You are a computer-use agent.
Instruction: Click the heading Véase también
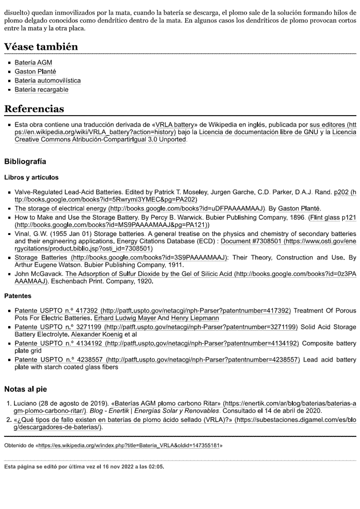click(x=41, y=47)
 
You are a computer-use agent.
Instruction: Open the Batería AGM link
click(x=33, y=63)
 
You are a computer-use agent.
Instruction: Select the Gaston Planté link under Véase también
click(x=35, y=72)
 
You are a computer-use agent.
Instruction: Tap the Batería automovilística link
click(x=48, y=81)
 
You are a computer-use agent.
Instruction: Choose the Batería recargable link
click(x=41, y=90)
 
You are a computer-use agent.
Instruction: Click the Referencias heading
click(x=34, y=109)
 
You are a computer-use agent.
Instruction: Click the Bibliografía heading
click(x=25, y=161)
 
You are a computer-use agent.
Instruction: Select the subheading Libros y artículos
click(x=31, y=177)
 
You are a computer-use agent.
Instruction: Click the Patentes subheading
click(x=18, y=296)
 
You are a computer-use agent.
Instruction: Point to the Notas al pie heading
click(x=25, y=389)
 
